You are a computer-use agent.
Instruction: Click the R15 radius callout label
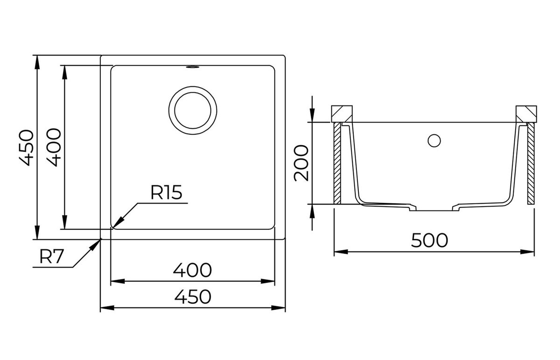coord(166,193)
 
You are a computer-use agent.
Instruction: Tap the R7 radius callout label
coord(51,257)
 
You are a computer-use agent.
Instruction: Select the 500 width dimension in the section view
coord(429,240)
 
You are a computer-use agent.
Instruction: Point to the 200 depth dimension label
coord(301,163)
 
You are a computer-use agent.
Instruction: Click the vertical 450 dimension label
coord(26,148)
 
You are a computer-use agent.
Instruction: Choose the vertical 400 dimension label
coord(54,147)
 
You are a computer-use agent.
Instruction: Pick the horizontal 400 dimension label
coord(192,270)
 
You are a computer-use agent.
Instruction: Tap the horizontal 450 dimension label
coord(193,297)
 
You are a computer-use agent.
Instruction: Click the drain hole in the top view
coord(193,111)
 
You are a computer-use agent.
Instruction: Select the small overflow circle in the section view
coord(434,141)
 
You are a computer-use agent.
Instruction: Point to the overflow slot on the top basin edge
coord(192,67)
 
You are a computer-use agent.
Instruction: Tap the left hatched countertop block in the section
coord(342,114)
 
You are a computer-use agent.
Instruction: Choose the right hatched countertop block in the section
coord(526,114)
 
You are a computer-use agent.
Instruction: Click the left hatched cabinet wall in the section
coord(337,163)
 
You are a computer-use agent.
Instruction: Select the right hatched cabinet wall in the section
coord(531,163)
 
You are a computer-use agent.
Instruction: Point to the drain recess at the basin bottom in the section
coord(434,208)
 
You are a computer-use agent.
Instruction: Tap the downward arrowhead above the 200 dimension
coord(312,115)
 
